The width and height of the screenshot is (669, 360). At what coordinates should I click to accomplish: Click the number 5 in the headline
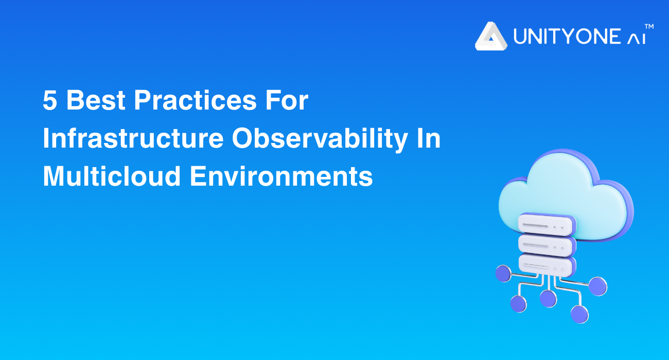[50, 100]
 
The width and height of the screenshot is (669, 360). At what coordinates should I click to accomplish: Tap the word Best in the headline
[96, 100]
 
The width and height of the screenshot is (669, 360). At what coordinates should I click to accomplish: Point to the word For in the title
[287, 100]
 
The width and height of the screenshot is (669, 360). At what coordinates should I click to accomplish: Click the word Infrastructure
[133, 138]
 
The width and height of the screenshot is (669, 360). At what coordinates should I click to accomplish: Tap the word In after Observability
[429, 138]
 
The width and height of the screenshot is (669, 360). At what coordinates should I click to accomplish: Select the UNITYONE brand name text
[567, 37]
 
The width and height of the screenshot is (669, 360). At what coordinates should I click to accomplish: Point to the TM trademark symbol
[649, 27]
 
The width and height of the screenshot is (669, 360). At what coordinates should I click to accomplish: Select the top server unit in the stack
[546, 224]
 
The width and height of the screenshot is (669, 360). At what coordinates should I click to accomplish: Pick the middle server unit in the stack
[546, 245]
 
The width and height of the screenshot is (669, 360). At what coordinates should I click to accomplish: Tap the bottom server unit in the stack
[546, 265]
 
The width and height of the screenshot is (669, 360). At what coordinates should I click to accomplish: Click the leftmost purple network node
[503, 274]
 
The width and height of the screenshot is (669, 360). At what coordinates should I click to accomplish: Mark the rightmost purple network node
[598, 286]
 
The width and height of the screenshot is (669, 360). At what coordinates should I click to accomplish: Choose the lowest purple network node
[579, 314]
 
